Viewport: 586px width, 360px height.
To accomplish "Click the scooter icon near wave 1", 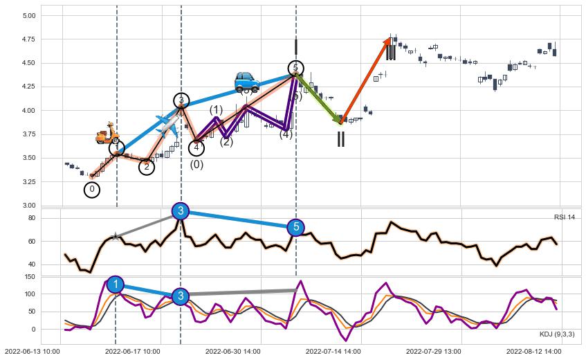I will [107, 133].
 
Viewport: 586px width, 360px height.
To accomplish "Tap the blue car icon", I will [246, 82].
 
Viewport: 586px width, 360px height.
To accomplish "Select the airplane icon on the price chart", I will [167, 124].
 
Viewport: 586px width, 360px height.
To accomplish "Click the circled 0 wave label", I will [92, 189].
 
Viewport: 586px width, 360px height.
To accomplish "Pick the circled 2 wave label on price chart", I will [147, 166].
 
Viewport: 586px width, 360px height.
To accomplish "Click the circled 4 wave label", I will [196, 147].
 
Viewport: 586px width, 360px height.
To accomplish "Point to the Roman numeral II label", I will [340, 139].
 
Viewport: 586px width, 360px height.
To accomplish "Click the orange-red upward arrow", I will [366, 81].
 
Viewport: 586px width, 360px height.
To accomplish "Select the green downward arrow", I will [319, 98].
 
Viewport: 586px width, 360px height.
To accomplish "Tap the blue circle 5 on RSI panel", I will [295, 227].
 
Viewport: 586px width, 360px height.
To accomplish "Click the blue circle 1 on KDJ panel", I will [116, 285].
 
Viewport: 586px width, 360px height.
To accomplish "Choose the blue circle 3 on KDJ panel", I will [181, 296].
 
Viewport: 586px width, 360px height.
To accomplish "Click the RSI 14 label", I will [564, 217].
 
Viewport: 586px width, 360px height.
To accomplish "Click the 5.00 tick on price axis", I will [29, 15].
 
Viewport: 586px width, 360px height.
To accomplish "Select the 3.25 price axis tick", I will [29, 181].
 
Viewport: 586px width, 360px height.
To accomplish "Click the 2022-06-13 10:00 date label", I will [32, 352].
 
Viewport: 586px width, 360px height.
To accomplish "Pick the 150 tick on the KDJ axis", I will [30, 277].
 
